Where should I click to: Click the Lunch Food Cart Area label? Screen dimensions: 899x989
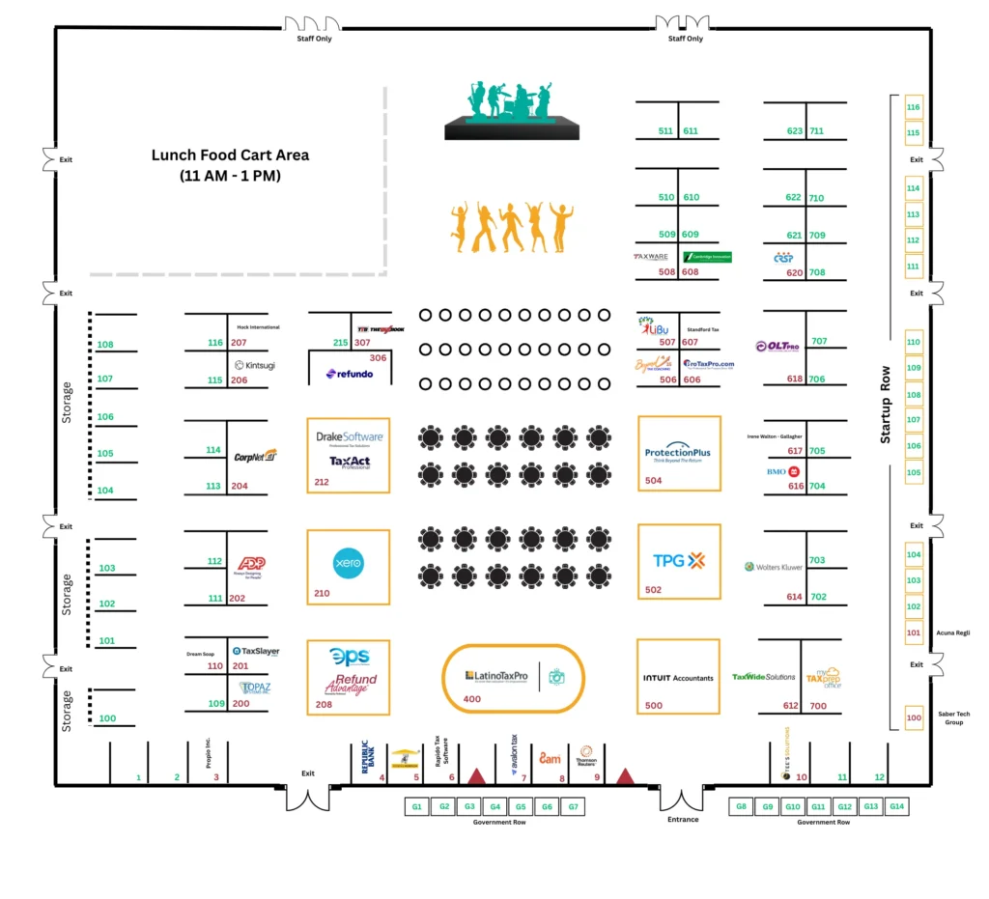(x=230, y=165)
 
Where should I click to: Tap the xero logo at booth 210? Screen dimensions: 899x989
(x=347, y=561)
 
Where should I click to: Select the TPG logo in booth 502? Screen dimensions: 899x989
(x=679, y=560)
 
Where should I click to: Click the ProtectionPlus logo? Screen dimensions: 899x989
(x=677, y=453)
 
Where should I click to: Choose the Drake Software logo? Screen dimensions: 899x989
(x=350, y=437)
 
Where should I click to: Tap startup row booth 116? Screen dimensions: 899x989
(x=913, y=107)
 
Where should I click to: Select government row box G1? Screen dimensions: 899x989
(x=417, y=806)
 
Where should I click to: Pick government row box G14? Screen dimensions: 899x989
(x=895, y=806)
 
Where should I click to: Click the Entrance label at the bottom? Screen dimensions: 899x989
(x=683, y=820)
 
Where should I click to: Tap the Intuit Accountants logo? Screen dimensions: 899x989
(x=678, y=678)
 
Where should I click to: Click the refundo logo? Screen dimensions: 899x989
(x=350, y=374)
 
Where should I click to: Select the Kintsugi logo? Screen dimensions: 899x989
(x=254, y=365)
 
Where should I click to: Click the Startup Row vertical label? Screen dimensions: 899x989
(x=885, y=406)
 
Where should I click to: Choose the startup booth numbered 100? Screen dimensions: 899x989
(x=913, y=716)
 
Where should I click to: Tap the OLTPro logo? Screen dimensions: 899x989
(x=777, y=347)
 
